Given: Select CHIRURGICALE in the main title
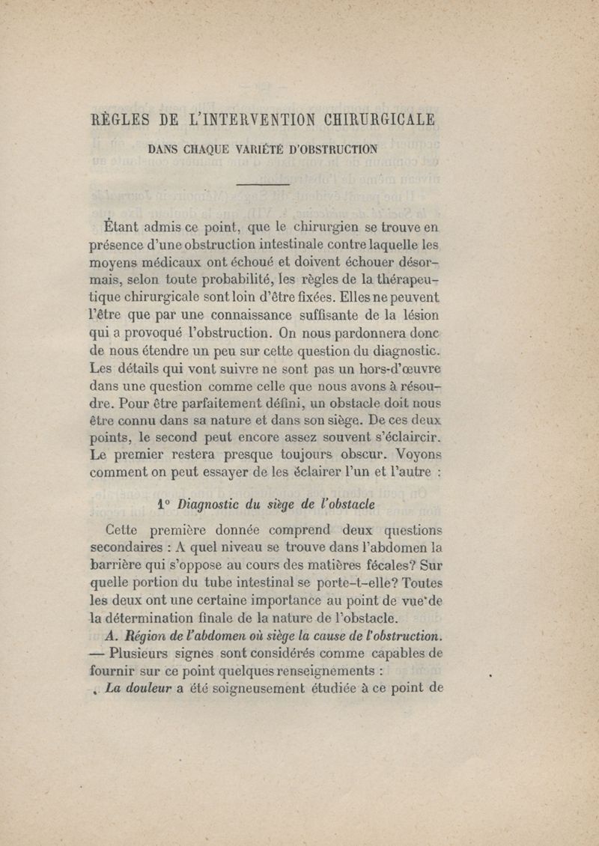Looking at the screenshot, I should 380,120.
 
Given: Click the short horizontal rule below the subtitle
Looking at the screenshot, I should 262,183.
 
